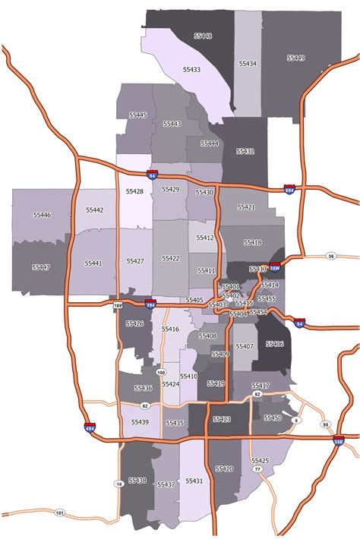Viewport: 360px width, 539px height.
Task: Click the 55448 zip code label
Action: tap(203, 36)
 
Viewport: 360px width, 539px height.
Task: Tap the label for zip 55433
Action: tap(191, 69)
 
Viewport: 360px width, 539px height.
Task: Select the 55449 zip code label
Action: tap(295, 58)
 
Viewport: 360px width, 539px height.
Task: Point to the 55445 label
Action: tap(138, 115)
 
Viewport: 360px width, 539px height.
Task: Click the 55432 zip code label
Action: tap(245, 152)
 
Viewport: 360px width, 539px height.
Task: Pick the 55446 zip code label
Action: tap(42, 216)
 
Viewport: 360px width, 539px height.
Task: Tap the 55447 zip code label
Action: tap(41, 267)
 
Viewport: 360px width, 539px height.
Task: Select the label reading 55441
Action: tap(93, 263)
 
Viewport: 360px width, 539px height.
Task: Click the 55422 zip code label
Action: tap(171, 259)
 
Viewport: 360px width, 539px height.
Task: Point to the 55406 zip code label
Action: tap(274, 344)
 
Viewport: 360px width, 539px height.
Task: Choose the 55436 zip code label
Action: tap(143, 388)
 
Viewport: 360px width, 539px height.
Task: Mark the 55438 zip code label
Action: tap(137, 480)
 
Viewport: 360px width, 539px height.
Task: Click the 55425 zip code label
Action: tap(261, 461)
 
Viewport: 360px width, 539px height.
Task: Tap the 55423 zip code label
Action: tap(222, 419)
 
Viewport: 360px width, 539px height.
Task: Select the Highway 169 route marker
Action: tap(118, 305)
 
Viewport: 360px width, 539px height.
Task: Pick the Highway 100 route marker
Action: tap(160, 372)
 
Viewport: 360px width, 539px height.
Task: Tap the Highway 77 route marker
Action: tap(257, 470)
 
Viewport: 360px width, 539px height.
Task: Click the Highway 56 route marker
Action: tap(330, 257)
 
